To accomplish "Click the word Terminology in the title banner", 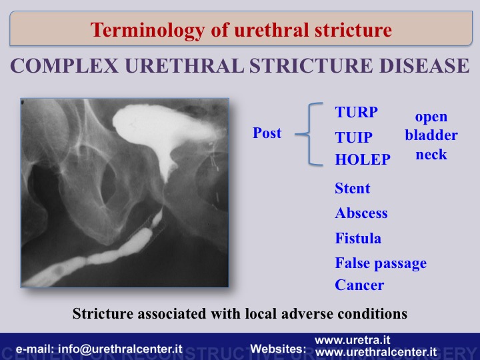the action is (147, 31).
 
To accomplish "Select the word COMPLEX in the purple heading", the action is (64, 65).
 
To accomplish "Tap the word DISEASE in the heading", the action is (424, 65).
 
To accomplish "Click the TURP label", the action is (356, 112).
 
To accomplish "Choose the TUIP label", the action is (353, 137).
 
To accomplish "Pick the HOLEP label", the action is (363, 159).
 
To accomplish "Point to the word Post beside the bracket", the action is (267, 133).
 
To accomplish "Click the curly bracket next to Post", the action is (309, 134).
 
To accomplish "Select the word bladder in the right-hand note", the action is (431, 135).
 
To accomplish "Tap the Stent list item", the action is (353, 188).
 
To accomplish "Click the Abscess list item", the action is (361, 213).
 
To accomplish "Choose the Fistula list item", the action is (358, 238).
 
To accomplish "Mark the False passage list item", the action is (381, 263).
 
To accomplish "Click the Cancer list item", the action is (359, 285).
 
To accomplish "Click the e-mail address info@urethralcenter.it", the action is (120, 349).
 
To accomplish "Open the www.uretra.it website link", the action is (353, 340).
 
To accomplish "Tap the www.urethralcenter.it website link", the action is (376, 352).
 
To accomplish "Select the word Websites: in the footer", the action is (278, 349).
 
